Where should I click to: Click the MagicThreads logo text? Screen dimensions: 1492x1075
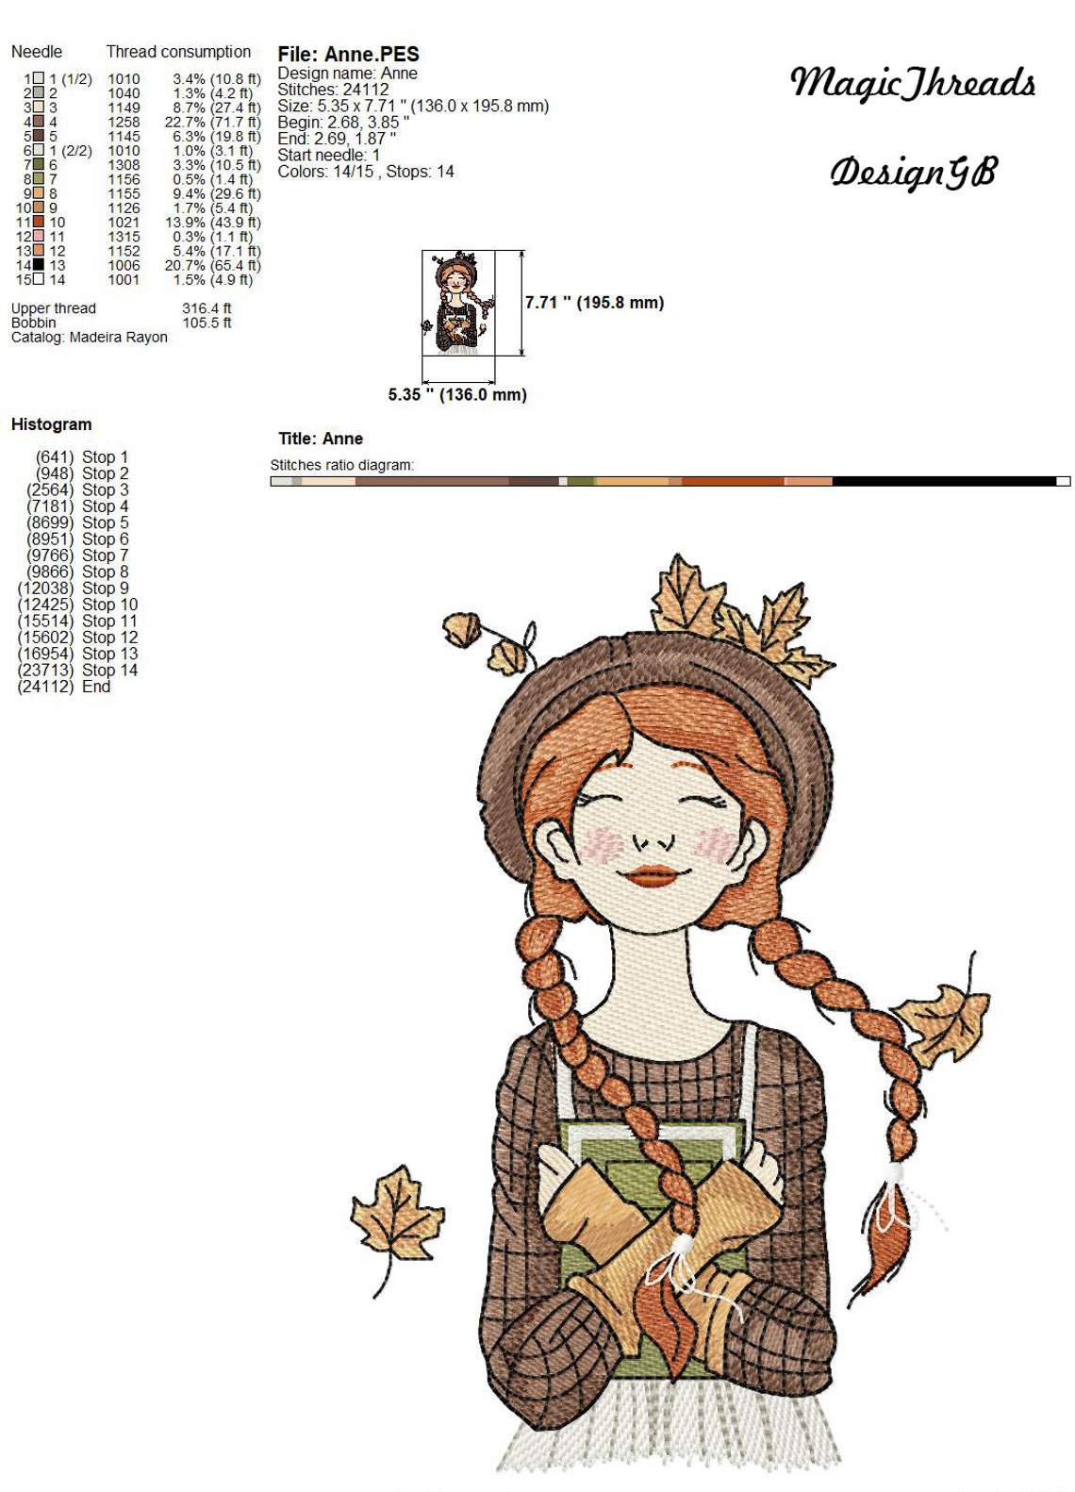[912, 83]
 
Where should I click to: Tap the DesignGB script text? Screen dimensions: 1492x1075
[912, 172]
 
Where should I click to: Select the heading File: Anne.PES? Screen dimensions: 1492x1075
[348, 54]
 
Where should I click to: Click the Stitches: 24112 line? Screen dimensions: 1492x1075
[333, 90]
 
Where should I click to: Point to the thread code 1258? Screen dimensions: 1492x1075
[124, 122]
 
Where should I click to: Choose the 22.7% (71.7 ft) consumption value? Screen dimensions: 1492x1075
[212, 122]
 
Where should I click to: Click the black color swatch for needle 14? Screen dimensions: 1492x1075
[38, 265]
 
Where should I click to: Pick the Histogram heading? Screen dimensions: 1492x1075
[52, 424]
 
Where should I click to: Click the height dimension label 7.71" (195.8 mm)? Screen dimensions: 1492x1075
[594, 303]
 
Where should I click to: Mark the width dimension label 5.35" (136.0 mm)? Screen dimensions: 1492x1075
[457, 394]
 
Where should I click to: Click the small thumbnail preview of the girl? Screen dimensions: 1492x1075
[457, 303]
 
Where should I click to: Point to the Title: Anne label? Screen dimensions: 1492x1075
[321, 439]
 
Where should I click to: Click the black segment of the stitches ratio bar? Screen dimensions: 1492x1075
[943, 481]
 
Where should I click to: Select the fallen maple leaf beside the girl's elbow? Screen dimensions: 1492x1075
[396, 1217]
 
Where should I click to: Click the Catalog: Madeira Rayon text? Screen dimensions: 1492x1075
[90, 337]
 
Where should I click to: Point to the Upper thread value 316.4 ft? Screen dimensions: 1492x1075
[207, 308]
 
